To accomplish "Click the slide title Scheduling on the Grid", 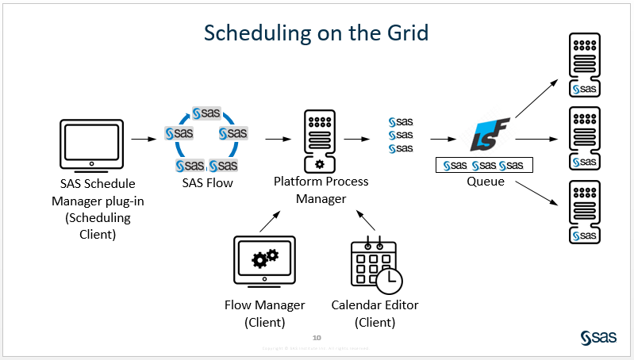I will [x=316, y=33].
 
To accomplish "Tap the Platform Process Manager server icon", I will [x=319, y=140].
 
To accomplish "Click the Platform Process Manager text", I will [x=321, y=190].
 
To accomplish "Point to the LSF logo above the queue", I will [x=484, y=137].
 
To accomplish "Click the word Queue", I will [x=486, y=182].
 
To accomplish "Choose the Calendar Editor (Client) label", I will [x=375, y=313].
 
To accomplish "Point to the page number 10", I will [x=317, y=337].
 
